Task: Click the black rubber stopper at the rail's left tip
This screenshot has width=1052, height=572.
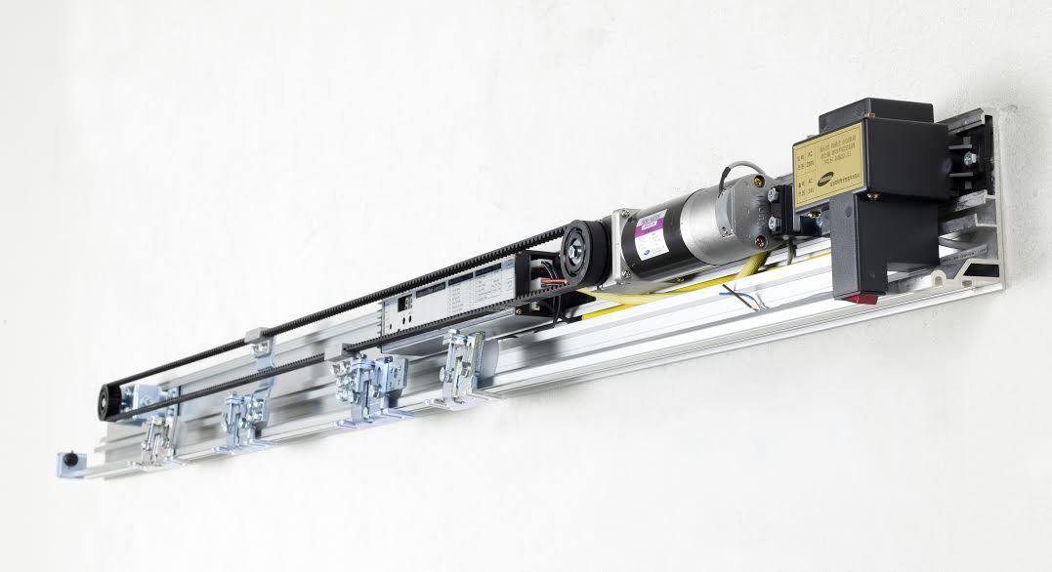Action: (68, 460)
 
